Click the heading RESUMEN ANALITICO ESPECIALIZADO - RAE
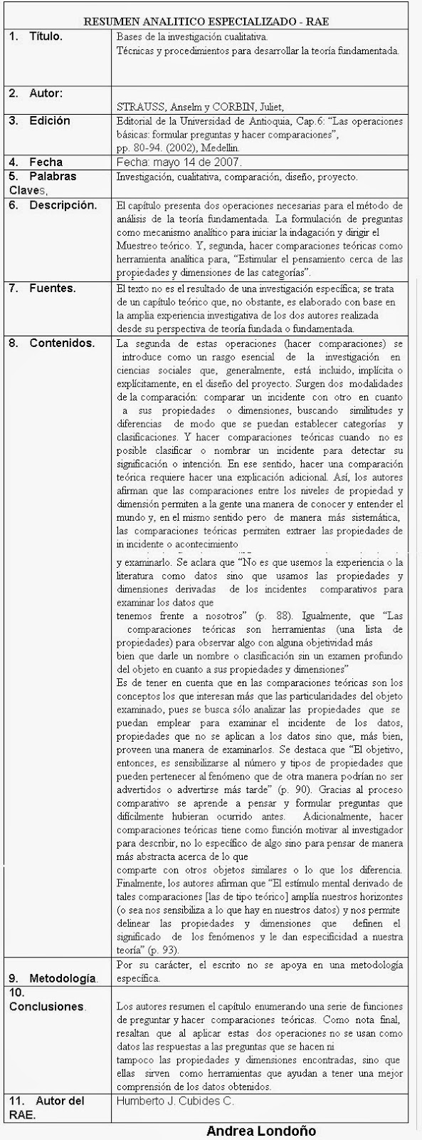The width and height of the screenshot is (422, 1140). tap(211, 22)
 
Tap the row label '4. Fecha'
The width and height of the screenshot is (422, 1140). tap(36, 162)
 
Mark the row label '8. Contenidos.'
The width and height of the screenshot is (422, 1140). tap(52, 343)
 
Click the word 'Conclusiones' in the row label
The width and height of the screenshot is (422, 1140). tap(47, 1007)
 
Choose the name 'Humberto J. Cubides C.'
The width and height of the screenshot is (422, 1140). tap(174, 1101)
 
